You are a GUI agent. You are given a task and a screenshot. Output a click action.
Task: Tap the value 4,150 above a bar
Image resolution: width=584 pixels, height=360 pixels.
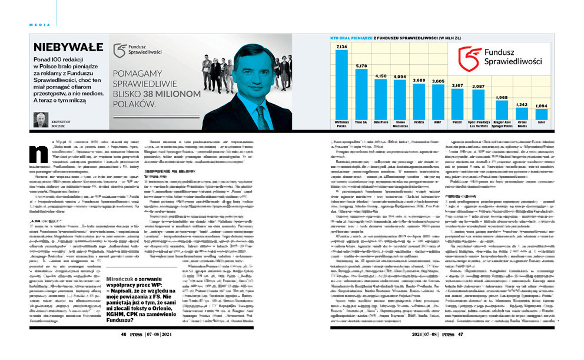point(381,77)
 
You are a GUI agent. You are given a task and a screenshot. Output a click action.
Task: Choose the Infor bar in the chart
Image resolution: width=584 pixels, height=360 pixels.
point(541,114)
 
